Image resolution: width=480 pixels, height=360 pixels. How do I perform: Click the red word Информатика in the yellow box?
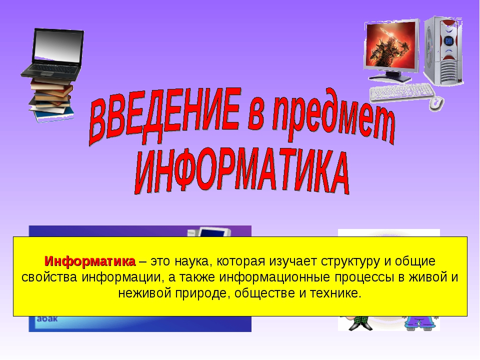coord(89,261)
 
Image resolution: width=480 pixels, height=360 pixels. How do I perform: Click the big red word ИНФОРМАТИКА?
coord(242,172)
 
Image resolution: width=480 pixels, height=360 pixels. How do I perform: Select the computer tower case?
coord(444,50)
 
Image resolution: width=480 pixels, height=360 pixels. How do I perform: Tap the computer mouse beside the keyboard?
coord(436,103)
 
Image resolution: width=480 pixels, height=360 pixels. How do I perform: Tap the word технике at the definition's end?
coord(335,293)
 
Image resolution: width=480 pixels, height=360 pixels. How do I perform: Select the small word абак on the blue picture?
coord(47,318)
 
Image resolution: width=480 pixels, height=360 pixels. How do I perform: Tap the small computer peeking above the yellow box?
coord(209,231)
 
